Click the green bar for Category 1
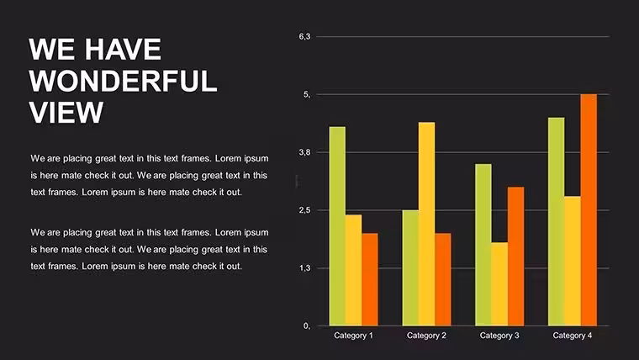point(337,226)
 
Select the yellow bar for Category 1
point(354,270)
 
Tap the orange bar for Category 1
point(370,280)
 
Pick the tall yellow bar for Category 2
point(426,224)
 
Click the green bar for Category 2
point(410,267)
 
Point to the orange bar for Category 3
point(516,257)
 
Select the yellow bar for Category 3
point(499,284)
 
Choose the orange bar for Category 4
point(589,210)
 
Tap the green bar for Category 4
point(557,222)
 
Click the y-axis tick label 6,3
point(304,37)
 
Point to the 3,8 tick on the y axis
point(304,152)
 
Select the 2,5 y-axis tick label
point(304,210)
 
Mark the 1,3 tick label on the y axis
point(304,268)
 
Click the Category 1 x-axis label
point(353,336)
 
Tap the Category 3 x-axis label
point(499,336)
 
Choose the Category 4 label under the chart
point(573,336)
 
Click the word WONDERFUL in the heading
point(123,81)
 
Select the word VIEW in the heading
point(66,112)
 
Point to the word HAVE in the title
point(123,50)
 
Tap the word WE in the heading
point(52,50)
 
